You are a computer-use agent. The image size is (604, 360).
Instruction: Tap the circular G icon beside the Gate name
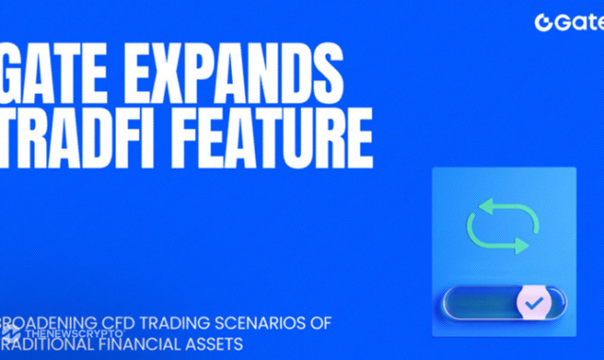[543, 22]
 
